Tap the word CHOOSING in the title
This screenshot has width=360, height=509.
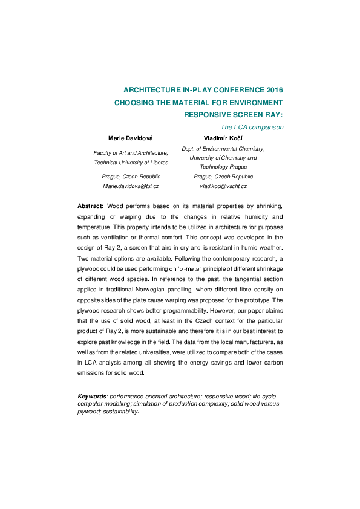pos(135,102)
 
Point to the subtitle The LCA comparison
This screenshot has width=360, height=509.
pos(252,127)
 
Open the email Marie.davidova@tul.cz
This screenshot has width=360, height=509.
pos(131,186)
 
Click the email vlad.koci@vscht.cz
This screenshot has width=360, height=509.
pos(223,186)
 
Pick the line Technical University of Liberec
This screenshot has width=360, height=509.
pos(131,163)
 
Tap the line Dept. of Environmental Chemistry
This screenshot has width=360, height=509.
pos(223,148)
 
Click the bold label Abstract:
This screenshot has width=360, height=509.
pos(91,207)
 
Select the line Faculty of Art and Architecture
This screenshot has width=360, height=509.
pos(131,154)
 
